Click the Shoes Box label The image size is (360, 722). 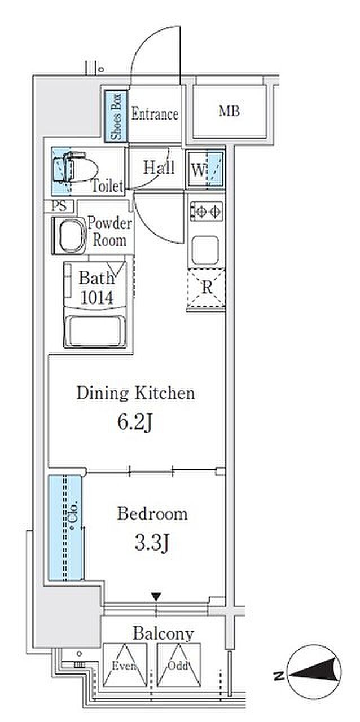coord(116,116)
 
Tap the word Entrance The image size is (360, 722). coord(155,114)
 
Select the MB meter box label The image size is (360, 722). coord(229,111)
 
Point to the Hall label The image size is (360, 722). coord(159,168)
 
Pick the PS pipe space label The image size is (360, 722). coord(59,206)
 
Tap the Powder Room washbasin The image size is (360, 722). coord(69,235)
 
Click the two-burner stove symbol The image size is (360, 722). coord(207,212)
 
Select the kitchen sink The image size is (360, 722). coord(205,250)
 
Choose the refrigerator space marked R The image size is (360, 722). coord(207,287)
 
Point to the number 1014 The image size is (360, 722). coord(97,297)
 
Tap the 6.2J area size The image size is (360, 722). coord(135,422)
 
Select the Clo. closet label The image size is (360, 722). coord(74,514)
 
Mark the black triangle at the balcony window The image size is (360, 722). coord(156,597)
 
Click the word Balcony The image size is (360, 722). coord(163,633)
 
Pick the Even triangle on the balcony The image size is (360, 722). coord(125,665)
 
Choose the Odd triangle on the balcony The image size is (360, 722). coord(179,665)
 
